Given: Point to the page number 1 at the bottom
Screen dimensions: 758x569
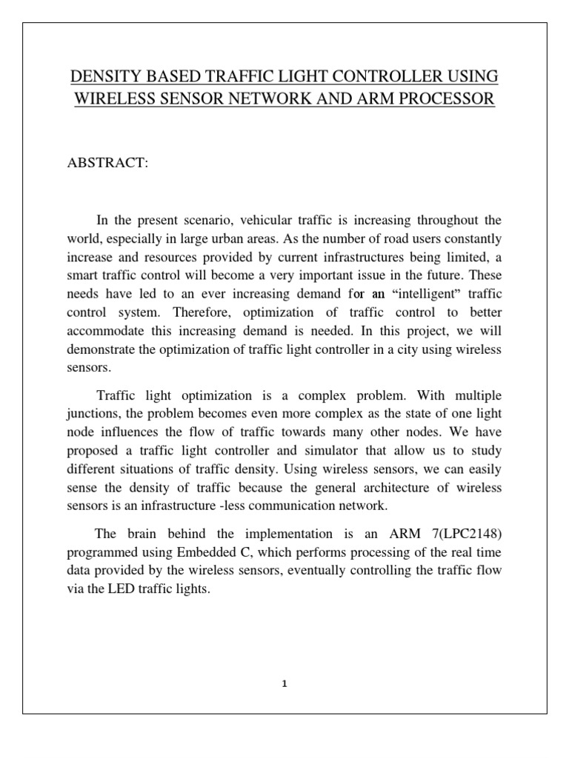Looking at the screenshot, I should [x=284, y=684].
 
